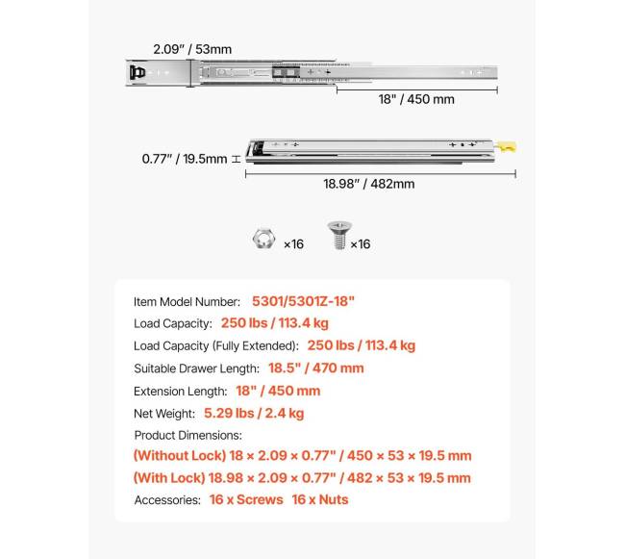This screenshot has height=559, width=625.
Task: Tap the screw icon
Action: coord(337,237)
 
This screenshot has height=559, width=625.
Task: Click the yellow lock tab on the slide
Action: coord(510,147)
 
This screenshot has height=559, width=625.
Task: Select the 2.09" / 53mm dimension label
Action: coord(192,49)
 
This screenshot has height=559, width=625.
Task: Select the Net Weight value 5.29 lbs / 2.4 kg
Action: coord(254,413)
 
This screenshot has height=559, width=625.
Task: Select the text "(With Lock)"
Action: coord(168,478)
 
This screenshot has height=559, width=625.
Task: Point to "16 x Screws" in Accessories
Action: coord(244,499)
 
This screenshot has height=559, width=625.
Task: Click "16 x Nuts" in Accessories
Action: coord(320,499)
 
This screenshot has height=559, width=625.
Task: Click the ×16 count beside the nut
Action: coord(293,244)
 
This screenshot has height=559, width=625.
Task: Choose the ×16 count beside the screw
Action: coord(360,244)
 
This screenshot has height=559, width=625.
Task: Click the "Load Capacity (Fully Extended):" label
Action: coord(216,345)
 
